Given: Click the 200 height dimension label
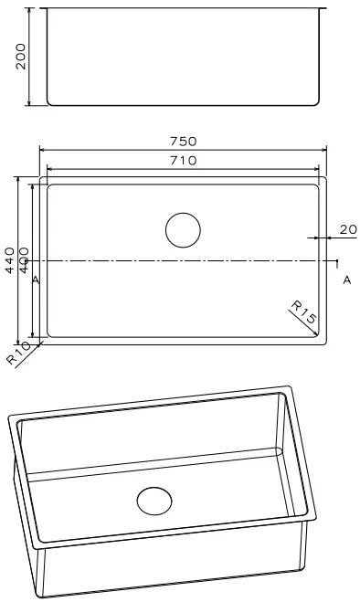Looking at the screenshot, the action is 21,57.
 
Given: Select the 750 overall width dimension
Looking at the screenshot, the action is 184,142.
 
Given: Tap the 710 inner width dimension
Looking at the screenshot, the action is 184,160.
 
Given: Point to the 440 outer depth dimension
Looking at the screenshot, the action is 10,260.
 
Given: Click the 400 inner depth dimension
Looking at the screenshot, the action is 24,260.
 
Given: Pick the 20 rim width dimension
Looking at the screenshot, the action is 348,229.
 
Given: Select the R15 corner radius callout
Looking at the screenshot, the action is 303,312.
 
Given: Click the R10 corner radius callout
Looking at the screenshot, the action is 18,353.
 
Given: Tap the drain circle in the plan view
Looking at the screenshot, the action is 183,230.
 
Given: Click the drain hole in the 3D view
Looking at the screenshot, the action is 154,501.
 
